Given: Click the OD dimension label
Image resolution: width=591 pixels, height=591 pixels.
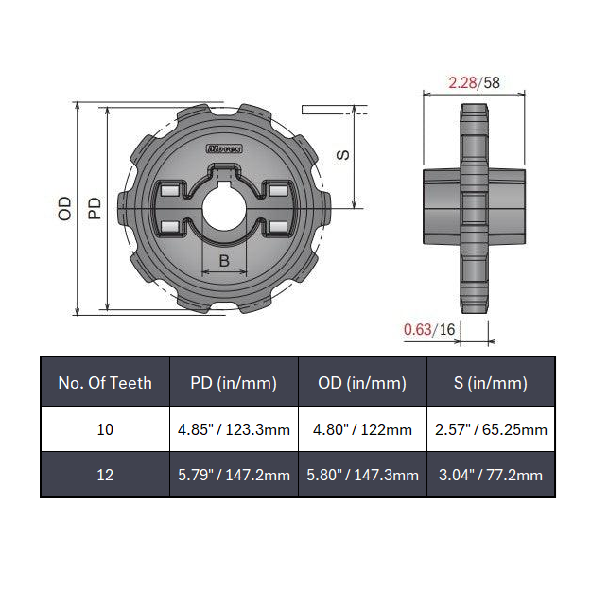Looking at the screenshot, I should point(65,209).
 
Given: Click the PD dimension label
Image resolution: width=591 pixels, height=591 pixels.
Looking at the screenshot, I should point(95,209).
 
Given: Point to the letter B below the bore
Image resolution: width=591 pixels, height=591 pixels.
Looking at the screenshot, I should point(224,262).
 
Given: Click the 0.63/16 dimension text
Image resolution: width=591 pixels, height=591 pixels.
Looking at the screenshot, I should point(429,329).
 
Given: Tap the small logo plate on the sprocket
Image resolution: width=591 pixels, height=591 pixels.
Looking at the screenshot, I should point(224,148).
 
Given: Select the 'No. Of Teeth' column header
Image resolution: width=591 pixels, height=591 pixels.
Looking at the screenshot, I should point(105,383).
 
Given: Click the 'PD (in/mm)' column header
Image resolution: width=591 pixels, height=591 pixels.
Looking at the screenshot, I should point(234,383).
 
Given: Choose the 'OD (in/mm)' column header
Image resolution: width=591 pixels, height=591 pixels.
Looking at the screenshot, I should point(363,383).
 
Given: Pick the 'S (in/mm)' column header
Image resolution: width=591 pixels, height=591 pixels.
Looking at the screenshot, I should point(491,383).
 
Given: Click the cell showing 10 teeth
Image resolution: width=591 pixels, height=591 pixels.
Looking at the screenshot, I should point(105,429).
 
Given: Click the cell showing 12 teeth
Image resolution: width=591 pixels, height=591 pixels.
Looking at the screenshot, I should point(105,475).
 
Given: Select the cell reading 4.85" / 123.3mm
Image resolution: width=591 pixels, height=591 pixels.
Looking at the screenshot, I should point(234,429).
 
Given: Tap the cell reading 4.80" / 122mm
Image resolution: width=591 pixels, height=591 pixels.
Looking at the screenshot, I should point(363,429).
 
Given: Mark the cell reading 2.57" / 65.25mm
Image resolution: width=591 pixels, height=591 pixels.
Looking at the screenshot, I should point(491,429).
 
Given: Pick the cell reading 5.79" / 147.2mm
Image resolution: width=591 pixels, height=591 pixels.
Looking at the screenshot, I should point(234,475).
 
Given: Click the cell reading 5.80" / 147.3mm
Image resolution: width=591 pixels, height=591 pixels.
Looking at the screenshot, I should point(363,475).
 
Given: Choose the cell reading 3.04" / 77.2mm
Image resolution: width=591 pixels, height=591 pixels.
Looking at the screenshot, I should point(491,475).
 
